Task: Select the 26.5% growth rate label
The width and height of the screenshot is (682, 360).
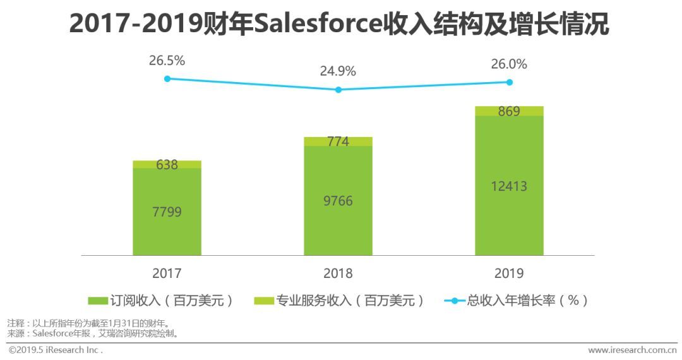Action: [167, 61]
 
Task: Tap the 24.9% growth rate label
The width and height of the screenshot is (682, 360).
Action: [338, 71]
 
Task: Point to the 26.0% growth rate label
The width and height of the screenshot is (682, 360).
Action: [509, 64]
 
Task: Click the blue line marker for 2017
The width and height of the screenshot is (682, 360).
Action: [167, 78]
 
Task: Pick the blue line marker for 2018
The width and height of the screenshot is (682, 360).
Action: [338, 90]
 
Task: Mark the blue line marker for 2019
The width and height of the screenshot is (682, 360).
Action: [509, 82]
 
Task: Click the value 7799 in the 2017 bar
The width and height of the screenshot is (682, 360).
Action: [167, 212]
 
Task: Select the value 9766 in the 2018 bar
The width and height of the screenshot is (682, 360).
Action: [338, 201]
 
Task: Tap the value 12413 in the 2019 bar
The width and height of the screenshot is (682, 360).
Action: [509, 186]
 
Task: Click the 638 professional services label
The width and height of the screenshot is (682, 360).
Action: [167, 165]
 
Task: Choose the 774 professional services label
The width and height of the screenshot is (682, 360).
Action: [338, 141]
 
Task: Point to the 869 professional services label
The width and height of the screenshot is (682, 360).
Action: [509, 111]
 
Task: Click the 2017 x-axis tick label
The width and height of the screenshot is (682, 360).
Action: [167, 273]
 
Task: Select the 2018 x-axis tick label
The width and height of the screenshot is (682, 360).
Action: [338, 273]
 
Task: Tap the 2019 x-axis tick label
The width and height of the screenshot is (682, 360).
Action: [509, 273]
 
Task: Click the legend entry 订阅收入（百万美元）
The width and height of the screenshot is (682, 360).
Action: [160, 301]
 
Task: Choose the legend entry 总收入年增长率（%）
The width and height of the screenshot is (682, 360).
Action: [517, 301]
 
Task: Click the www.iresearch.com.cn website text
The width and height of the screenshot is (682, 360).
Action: [632, 350]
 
